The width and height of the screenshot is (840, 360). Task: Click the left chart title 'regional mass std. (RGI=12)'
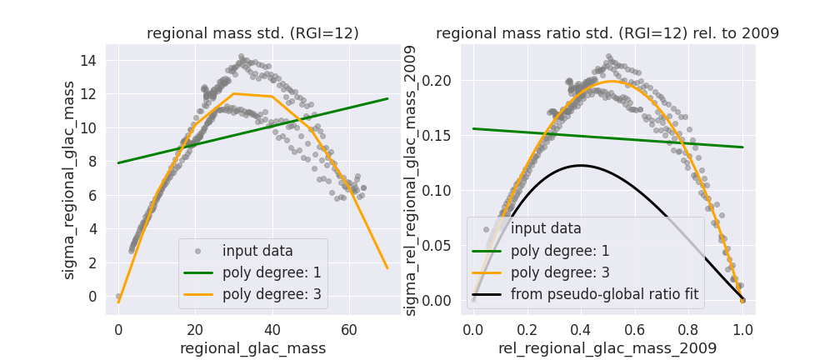point(252,33)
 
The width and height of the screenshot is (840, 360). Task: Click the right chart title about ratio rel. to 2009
point(607,33)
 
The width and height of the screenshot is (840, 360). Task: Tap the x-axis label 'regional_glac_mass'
point(252,347)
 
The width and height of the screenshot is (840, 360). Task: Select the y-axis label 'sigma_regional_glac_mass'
point(69,179)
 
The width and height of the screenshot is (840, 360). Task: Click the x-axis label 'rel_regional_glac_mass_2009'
point(607,347)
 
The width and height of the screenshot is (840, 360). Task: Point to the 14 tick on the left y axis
point(89,60)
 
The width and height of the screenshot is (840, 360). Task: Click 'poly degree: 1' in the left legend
point(271,272)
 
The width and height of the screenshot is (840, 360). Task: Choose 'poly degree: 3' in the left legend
point(271,294)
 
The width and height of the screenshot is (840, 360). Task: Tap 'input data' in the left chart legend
point(257,251)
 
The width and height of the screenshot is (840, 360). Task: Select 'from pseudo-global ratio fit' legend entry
point(604,293)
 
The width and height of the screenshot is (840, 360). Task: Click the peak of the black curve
point(581,165)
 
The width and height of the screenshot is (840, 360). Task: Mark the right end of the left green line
point(387,98)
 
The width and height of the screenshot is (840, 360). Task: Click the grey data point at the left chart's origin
point(118,296)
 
